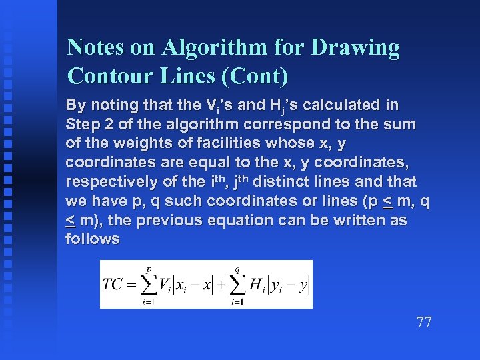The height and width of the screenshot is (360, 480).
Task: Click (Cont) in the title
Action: tap(257, 76)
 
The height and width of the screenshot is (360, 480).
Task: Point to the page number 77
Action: tap(424, 323)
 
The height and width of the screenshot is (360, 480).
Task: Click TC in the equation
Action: tap(114, 285)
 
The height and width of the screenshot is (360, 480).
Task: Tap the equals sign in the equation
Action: tap(133, 285)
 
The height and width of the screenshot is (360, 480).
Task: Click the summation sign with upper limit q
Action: tap(238, 285)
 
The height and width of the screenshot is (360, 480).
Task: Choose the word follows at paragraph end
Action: tap(92, 239)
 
